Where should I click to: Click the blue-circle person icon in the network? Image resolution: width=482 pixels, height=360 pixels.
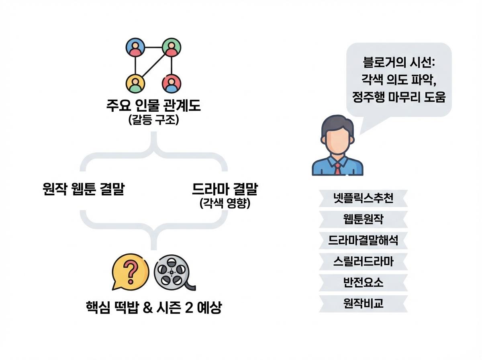[x=135, y=48]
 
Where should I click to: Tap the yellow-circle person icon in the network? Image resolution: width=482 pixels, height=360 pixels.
[x=135, y=83]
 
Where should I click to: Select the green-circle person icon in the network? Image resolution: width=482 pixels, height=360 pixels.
[x=172, y=48]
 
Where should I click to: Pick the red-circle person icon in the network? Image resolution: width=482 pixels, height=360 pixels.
[x=172, y=83]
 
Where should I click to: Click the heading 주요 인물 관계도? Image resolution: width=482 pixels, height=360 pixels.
[x=153, y=106]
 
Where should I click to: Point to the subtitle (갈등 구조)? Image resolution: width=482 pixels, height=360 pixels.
[x=153, y=120]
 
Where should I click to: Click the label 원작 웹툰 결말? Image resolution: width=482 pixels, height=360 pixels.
[x=83, y=189]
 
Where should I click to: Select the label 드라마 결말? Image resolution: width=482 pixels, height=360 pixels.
[x=225, y=189]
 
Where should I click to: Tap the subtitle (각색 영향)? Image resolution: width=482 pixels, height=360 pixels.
[x=225, y=203]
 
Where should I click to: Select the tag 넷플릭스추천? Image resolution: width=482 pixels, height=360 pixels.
[x=364, y=198]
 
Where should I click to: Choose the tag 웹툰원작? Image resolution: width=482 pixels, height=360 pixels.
[x=364, y=219]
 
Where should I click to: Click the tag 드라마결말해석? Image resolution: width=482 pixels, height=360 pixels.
[x=364, y=240]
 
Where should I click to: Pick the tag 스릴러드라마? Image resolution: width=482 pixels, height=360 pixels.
[x=364, y=262]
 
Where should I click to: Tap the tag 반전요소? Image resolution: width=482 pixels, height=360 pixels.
[x=364, y=282]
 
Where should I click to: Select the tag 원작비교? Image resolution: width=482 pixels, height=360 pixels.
[x=364, y=303]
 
